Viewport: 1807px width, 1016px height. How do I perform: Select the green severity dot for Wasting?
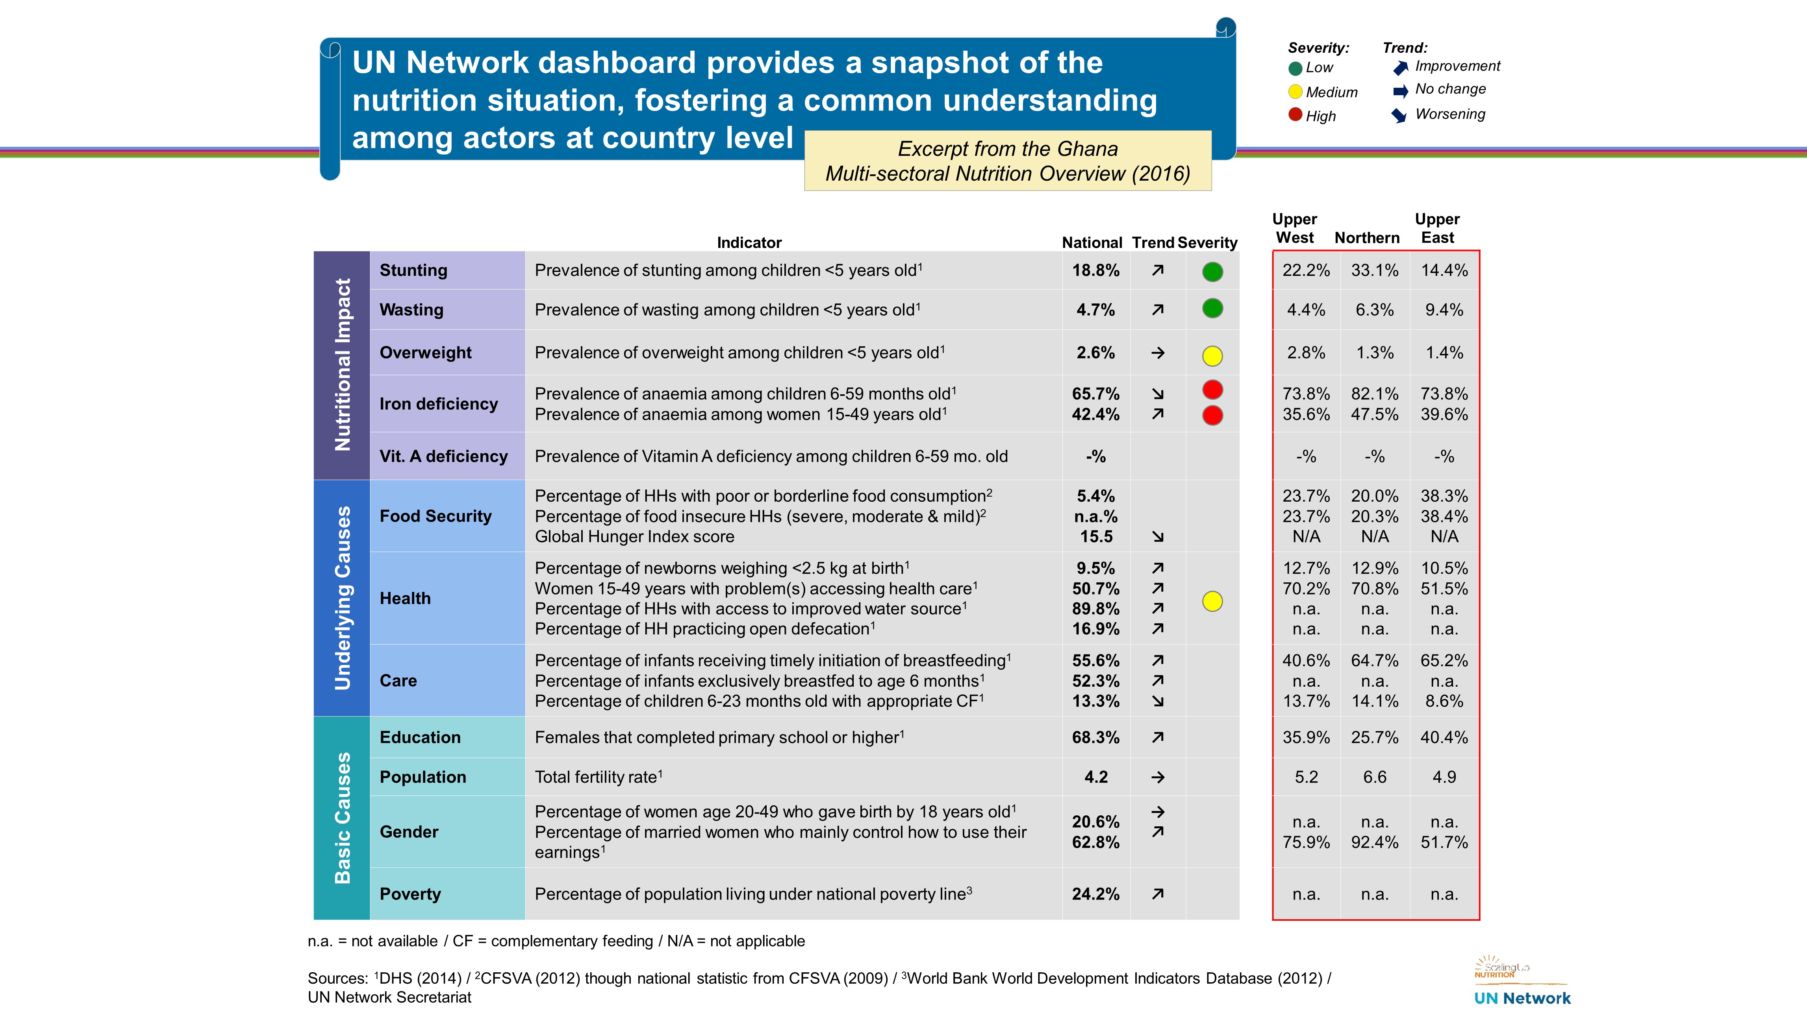(1212, 308)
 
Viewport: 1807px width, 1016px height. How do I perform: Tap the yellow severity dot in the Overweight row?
(1212, 355)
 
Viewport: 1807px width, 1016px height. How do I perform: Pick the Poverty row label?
(410, 894)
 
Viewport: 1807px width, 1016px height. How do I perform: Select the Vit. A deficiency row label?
(443, 456)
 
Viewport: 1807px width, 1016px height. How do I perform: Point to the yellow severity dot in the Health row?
(1212, 601)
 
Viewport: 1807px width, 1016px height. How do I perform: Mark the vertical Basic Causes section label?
(342, 818)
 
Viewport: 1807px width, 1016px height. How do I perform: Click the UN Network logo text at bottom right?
(1522, 998)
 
